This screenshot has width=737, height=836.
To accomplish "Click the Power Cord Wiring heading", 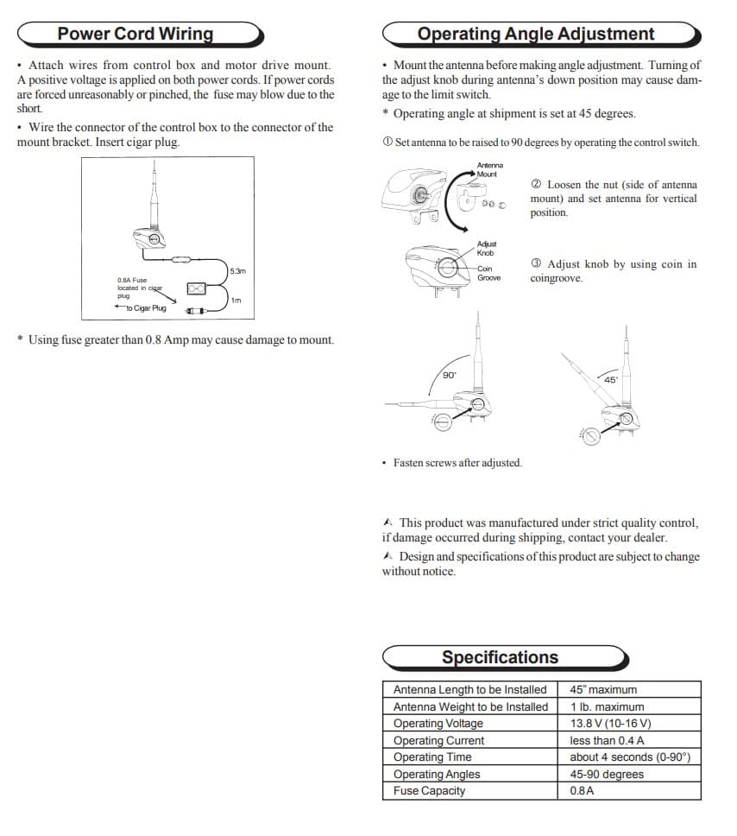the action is pos(135,34).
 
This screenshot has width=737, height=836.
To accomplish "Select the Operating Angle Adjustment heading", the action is pos(536,34).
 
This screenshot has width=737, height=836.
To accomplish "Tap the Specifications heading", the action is pos(500,657).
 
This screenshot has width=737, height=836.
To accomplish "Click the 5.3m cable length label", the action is pos(237,271).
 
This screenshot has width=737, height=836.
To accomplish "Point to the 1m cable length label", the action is pos(236,301).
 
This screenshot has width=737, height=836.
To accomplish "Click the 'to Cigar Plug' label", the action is pos(146,307).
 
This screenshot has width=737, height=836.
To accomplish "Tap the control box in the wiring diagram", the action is pos(196,288).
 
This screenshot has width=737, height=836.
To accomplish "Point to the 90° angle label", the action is pos(450,375).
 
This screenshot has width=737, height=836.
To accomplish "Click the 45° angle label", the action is pos(611,380).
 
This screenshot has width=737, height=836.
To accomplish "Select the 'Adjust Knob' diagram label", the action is pos(486,249).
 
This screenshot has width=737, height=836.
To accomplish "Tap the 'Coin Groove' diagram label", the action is pos(488,273).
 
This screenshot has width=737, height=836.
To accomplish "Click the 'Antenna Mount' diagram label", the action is pos(489,169).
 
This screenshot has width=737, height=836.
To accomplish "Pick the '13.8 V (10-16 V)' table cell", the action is pos(610,723).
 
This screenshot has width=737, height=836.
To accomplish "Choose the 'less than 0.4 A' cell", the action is pos(607,740).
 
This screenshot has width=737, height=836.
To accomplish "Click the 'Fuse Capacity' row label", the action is pos(429,791).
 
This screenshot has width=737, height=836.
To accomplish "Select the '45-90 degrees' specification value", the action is pos(607,774).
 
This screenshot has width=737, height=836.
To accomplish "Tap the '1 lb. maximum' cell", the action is pos(607,706).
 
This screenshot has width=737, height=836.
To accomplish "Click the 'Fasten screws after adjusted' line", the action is pos(457,463).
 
